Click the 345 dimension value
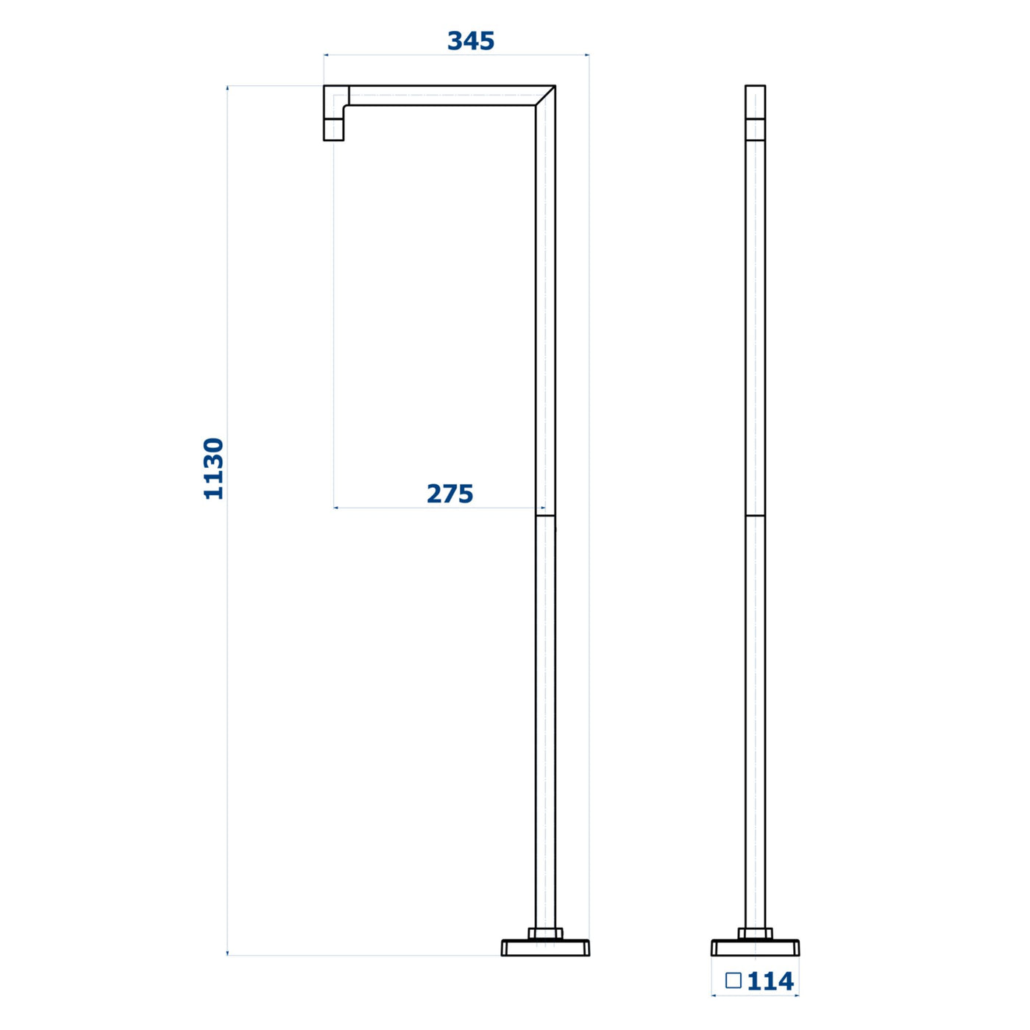point(470,41)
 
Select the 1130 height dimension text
point(214,469)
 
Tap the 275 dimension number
point(450,494)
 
